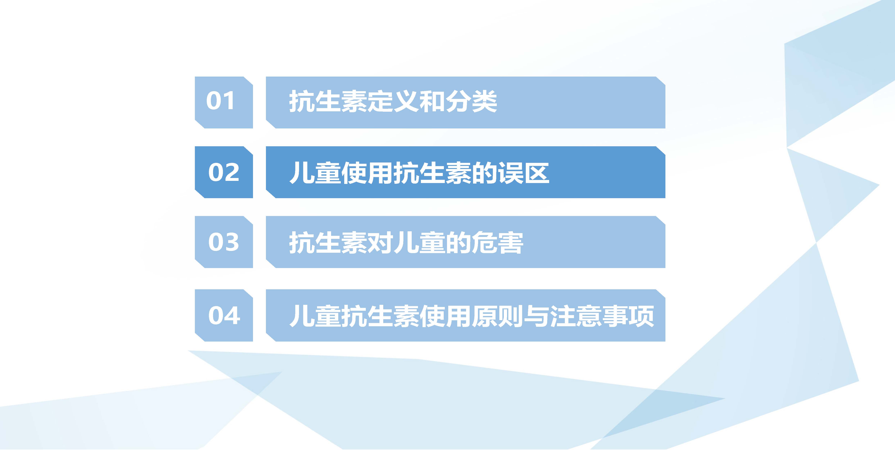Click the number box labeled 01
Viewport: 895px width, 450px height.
(x=224, y=102)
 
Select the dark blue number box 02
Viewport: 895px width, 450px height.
(x=224, y=172)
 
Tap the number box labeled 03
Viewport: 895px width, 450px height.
(x=224, y=242)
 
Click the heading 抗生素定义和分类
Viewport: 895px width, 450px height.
(x=393, y=102)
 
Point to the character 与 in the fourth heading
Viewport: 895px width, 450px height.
(x=537, y=316)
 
